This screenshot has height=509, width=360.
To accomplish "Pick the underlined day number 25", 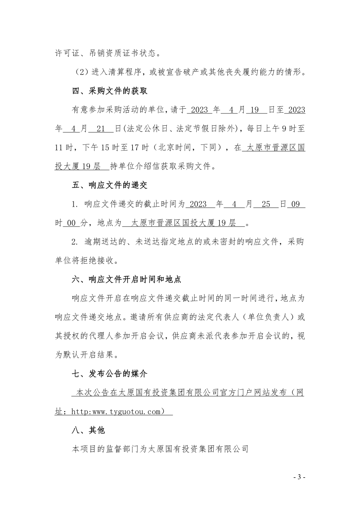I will pos(266,204).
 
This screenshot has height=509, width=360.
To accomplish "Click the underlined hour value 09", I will pos(296,204).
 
